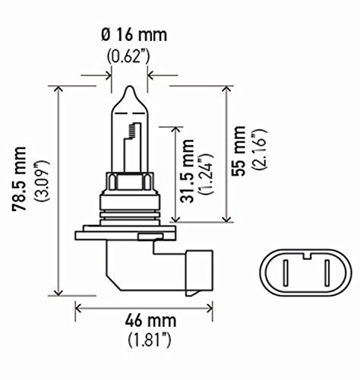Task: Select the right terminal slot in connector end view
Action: coord(322,272)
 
